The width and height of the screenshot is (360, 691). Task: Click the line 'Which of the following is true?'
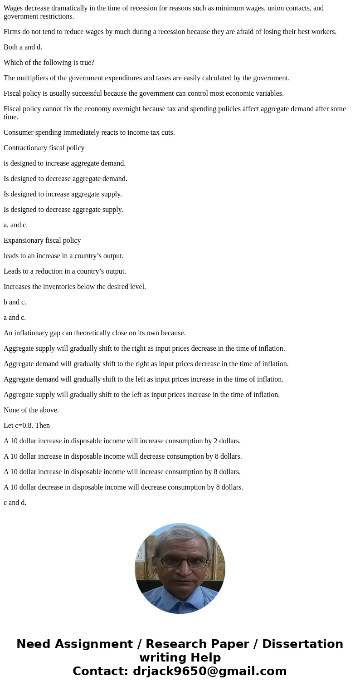(x=49, y=63)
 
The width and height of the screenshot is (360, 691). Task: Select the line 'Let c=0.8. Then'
(x=27, y=426)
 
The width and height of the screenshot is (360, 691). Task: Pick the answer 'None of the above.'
(x=31, y=410)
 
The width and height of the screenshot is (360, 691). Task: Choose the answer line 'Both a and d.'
(x=23, y=47)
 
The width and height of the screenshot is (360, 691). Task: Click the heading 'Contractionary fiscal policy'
(x=44, y=148)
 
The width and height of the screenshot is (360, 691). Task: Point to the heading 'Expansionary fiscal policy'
(x=42, y=240)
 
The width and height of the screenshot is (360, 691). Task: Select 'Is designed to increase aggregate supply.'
(x=63, y=194)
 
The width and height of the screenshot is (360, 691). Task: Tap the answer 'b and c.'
(x=15, y=302)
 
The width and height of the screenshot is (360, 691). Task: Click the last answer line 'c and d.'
(x=15, y=503)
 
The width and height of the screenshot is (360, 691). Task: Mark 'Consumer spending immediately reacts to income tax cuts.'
(x=89, y=132)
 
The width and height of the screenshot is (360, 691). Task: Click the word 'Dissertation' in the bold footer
(x=302, y=644)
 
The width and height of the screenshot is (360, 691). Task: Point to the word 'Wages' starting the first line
(x=13, y=8)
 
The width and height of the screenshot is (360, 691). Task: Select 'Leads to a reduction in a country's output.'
(x=65, y=271)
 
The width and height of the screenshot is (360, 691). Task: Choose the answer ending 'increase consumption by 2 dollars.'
(x=122, y=441)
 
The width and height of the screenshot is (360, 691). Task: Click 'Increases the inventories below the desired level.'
(x=75, y=287)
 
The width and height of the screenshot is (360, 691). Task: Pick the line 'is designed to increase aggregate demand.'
(x=64, y=163)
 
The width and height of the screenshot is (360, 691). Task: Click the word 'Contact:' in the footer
(x=100, y=671)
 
